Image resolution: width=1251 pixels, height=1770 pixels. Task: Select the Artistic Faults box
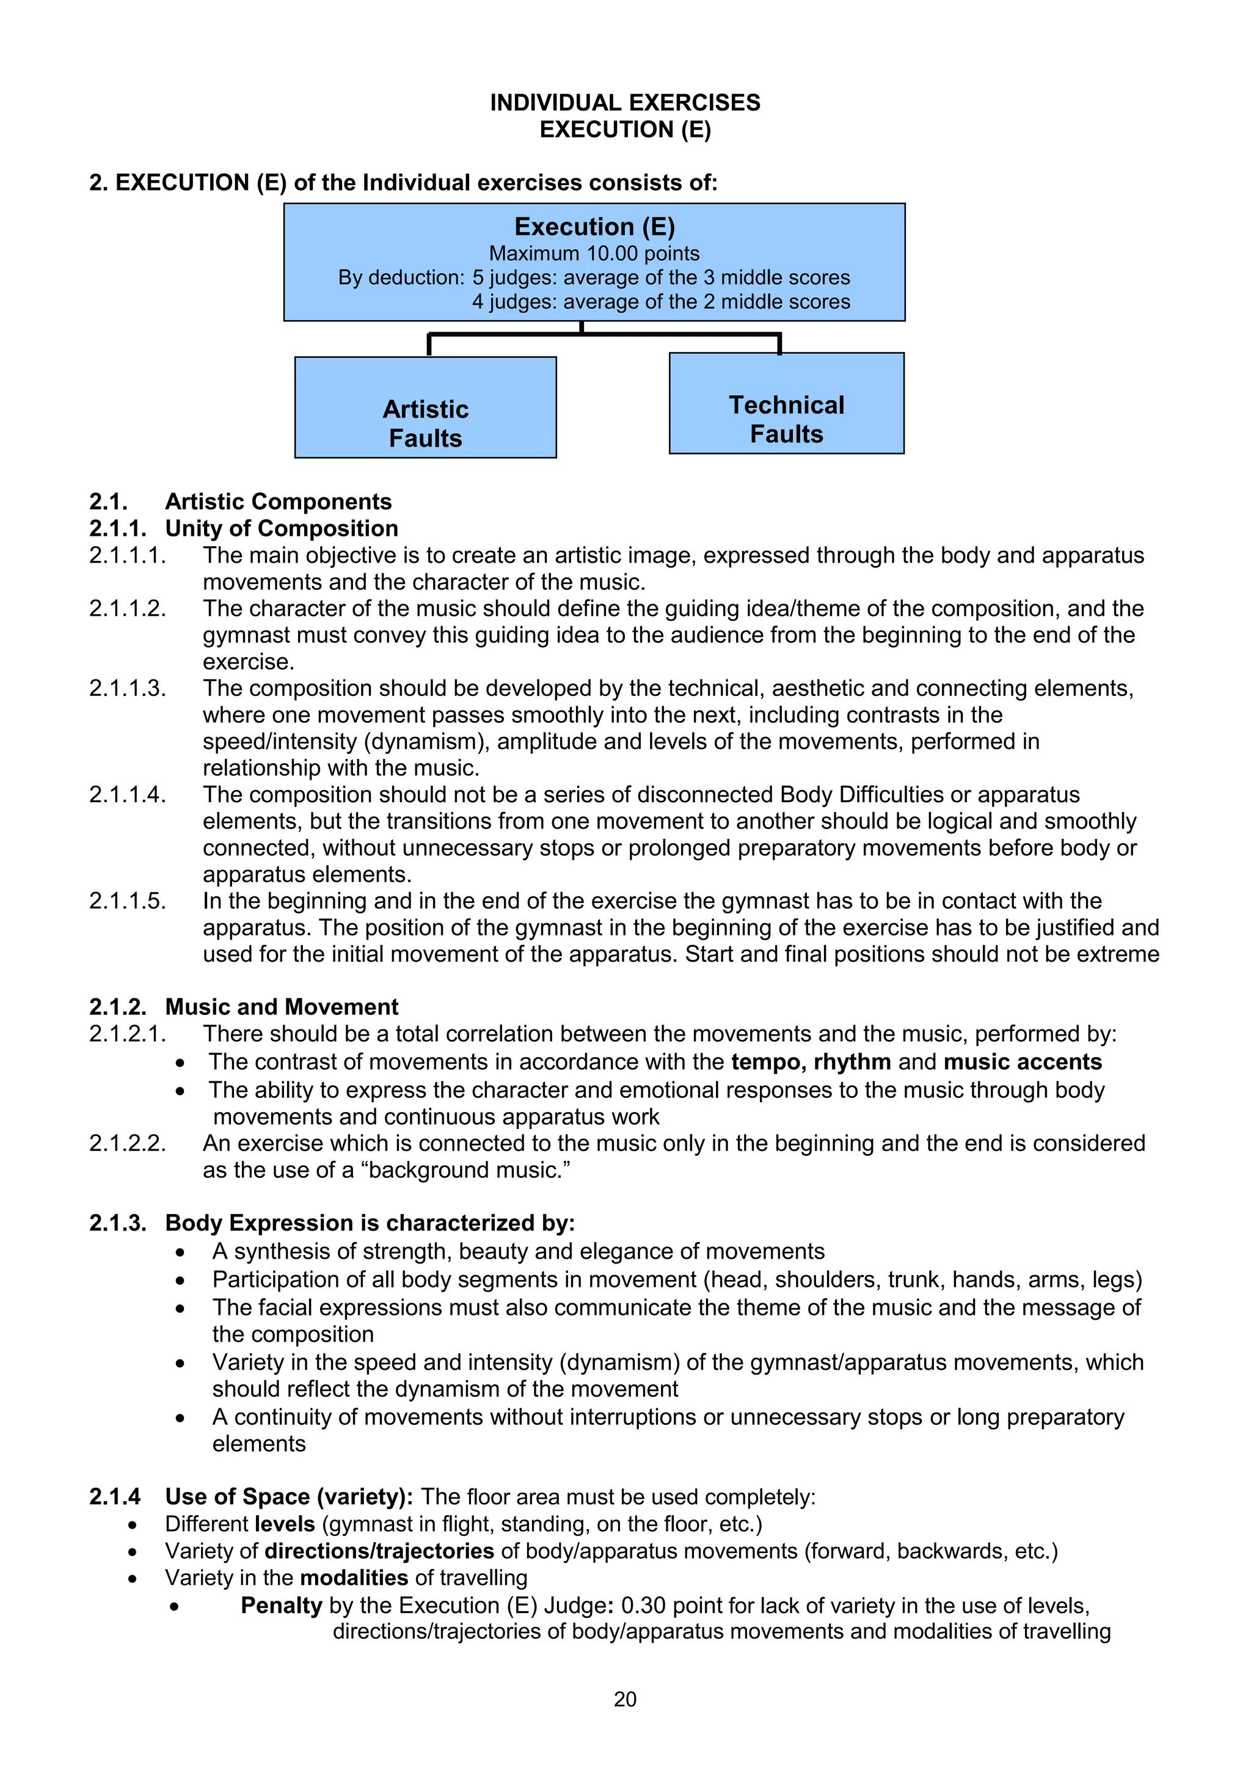tap(426, 407)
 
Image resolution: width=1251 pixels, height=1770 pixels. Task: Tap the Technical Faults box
tap(786, 403)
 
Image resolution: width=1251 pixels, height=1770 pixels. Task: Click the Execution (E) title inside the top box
tap(594, 227)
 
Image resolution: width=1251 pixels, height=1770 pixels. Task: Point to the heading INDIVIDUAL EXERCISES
tap(625, 103)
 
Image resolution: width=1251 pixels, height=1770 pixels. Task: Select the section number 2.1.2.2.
tap(127, 1143)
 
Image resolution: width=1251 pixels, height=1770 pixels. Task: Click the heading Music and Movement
tap(282, 1007)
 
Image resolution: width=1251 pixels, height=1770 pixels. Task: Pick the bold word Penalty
tap(282, 1605)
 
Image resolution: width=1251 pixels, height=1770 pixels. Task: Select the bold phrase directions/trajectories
tap(379, 1551)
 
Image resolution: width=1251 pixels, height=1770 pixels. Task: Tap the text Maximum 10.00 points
tap(594, 253)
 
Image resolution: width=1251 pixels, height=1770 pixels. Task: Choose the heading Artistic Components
tap(279, 501)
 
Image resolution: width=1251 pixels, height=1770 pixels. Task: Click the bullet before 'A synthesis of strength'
tap(180, 1252)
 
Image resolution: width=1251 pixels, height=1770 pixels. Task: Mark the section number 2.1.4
tap(115, 1496)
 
